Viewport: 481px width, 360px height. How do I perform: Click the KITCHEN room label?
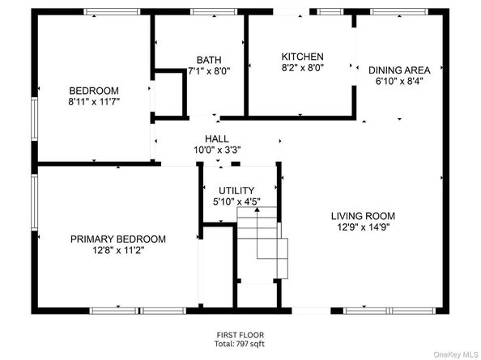303,57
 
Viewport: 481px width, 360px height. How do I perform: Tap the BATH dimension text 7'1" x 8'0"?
209,71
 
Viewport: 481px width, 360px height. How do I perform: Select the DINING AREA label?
399,70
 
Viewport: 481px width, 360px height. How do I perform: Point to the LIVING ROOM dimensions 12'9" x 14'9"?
364,227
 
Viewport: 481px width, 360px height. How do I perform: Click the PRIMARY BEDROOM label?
118,239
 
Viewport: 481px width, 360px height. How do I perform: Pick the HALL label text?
217,139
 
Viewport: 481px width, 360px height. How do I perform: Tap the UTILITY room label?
236,191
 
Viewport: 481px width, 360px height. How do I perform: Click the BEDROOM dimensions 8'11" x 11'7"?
94,102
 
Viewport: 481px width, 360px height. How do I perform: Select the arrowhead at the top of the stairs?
257,210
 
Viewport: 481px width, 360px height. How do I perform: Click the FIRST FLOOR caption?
240,335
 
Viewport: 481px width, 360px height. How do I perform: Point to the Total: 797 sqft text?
240,344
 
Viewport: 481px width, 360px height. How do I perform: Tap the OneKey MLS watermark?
456,355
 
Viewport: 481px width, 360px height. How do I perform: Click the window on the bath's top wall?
214,12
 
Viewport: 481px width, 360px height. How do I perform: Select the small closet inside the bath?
169,95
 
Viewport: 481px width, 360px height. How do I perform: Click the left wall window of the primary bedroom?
34,202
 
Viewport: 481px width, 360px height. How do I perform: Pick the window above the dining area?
399,12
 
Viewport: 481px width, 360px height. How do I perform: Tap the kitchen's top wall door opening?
292,12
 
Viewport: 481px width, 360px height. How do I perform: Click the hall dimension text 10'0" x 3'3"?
217,150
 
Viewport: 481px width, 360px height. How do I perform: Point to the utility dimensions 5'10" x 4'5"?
236,202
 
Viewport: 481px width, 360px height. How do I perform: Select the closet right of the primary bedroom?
217,266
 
